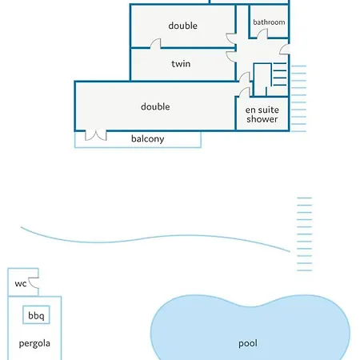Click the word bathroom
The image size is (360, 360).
[x=269, y=22]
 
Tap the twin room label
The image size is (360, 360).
[x=181, y=64]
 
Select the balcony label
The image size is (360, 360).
[x=147, y=139]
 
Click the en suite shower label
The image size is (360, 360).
[x=262, y=114]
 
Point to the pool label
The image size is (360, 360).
[x=248, y=343]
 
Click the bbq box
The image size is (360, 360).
[x=36, y=314]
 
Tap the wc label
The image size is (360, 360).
[x=21, y=283]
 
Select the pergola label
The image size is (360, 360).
[x=34, y=343]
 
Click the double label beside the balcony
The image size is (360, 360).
[x=155, y=106]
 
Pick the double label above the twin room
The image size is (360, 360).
[x=183, y=26]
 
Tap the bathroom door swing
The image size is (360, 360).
[x=262, y=34]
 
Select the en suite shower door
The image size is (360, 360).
[x=243, y=92]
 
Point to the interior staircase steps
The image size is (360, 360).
[x=280, y=74]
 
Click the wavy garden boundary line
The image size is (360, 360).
[x=155, y=238]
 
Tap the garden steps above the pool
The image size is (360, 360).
[x=304, y=234]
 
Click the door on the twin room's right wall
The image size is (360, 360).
[x=230, y=57]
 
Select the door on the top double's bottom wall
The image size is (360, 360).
[x=155, y=43]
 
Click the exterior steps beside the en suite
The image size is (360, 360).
[x=298, y=98]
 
